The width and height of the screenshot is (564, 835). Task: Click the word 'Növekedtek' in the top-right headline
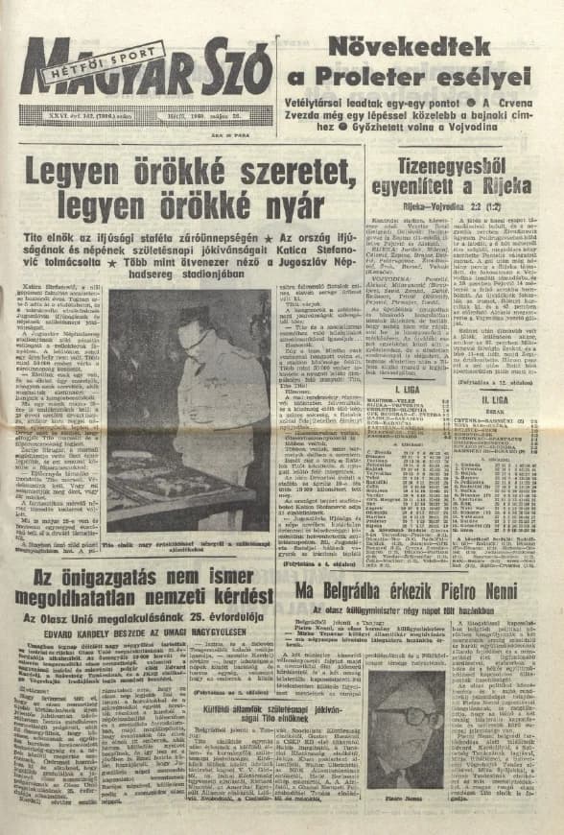coord(410,47)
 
